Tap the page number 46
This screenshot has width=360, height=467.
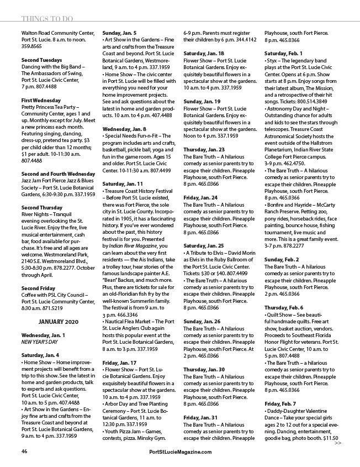(24, 452)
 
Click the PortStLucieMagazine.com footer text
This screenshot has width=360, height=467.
(181, 452)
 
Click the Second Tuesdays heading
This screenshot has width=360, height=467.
(42, 59)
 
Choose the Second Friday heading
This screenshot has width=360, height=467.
(38, 288)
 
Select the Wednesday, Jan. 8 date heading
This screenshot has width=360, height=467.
(124, 128)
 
